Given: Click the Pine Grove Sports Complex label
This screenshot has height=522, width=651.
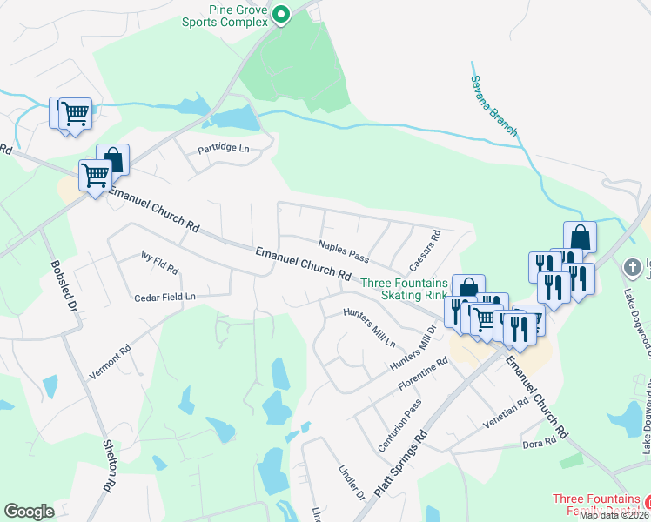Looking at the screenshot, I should click(x=224, y=15).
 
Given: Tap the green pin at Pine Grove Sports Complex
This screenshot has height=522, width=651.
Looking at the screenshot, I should click(x=281, y=14).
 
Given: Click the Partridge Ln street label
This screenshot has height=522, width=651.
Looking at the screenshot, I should click(x=223, y=149).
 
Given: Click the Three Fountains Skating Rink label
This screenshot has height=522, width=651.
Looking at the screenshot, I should click(x=404, y=289).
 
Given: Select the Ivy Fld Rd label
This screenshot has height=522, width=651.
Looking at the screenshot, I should click(x=159, y=263).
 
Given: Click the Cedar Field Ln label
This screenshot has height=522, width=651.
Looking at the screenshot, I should click(x=164, y=297).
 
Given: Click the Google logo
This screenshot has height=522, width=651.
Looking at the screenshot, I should click(x=29, y=511).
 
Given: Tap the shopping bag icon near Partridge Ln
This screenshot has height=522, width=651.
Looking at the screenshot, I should click(x=112, y=159).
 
